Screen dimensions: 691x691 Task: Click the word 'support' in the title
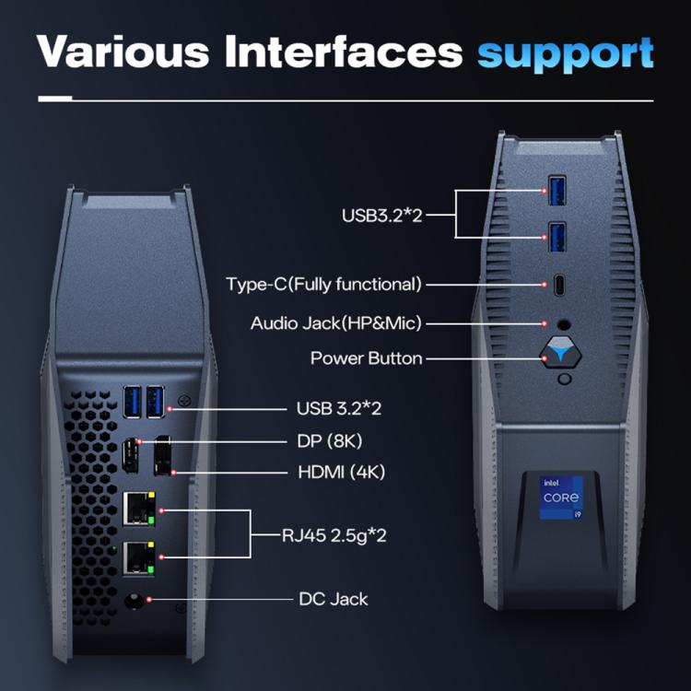pyautogui.click(x=565, y=53)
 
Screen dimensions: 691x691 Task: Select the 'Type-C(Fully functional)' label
pyautogui.click(x=323, y=284)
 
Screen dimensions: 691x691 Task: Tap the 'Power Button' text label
pyautogui.click(x=367, y=358)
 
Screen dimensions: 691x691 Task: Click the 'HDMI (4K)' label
pyautogui.click(x=342, y=472)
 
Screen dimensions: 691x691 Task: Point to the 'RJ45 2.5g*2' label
pyautogui.click(x=334, y=535)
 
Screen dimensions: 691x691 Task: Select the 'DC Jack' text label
pyautogui.click(x=334, y=599)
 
